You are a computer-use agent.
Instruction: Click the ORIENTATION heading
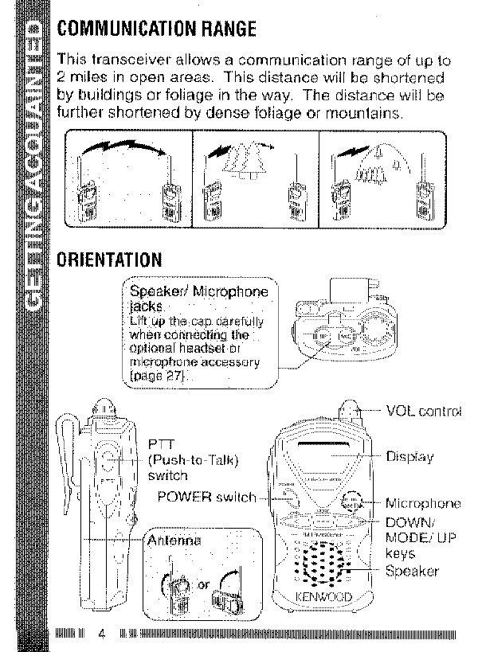(x=110, y=260)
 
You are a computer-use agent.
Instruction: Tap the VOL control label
(x=423, y=412)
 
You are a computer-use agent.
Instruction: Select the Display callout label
(x=409, y=457)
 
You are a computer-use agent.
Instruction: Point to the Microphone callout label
(x=423, y=503)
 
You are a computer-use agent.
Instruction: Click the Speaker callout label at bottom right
(x=412, y=571)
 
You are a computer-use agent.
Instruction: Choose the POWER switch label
(x=206, y=497)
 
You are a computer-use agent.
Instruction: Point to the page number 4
(x=101, y=634)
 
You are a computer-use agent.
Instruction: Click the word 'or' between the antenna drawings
(x=203, y=586)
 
